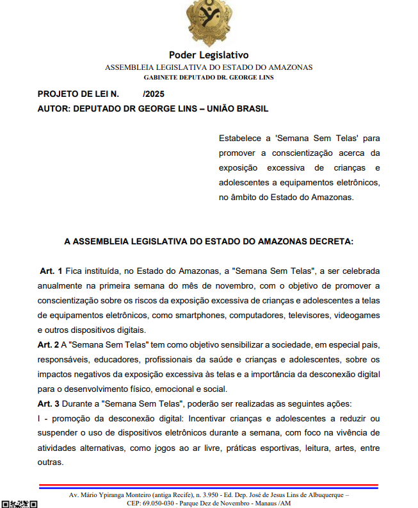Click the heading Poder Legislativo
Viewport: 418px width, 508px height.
(209, 55)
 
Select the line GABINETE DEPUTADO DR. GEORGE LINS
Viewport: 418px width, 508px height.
(209, 78)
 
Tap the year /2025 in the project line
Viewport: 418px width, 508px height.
(154, 94)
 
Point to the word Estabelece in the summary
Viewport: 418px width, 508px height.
(241, 138)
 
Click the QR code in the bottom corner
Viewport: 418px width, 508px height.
(19, 504)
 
